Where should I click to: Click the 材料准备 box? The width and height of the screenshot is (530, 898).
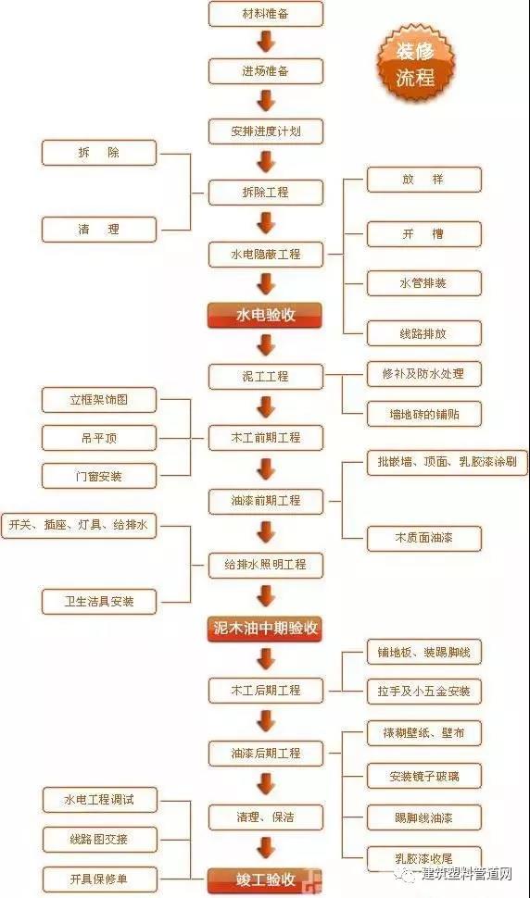266,14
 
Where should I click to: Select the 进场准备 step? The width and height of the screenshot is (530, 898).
266,71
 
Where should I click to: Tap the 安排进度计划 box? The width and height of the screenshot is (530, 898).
266,131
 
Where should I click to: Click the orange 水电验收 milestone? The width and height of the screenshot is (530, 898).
265,315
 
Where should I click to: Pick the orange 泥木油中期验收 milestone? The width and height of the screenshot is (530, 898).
265,629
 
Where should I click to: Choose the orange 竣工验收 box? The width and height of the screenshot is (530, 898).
265,879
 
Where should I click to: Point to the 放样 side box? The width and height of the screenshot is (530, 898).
424,180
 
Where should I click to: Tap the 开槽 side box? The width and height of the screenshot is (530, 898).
424,233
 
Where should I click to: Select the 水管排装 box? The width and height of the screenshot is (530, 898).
424,283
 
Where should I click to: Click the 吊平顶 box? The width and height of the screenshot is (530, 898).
99,438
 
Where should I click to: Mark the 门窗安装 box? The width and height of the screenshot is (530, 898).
99,476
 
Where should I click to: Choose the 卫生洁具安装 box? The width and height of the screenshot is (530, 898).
99,602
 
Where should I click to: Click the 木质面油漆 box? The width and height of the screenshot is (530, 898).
424,539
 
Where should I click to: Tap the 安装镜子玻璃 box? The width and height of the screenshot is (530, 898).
424,777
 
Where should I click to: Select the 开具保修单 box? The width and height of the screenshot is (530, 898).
99,879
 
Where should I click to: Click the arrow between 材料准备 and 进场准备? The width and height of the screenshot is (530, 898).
266,43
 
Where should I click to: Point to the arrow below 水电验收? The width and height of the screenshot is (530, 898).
266,344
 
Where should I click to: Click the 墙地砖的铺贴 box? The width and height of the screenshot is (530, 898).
424,414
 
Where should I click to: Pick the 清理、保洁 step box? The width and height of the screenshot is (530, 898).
266,817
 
